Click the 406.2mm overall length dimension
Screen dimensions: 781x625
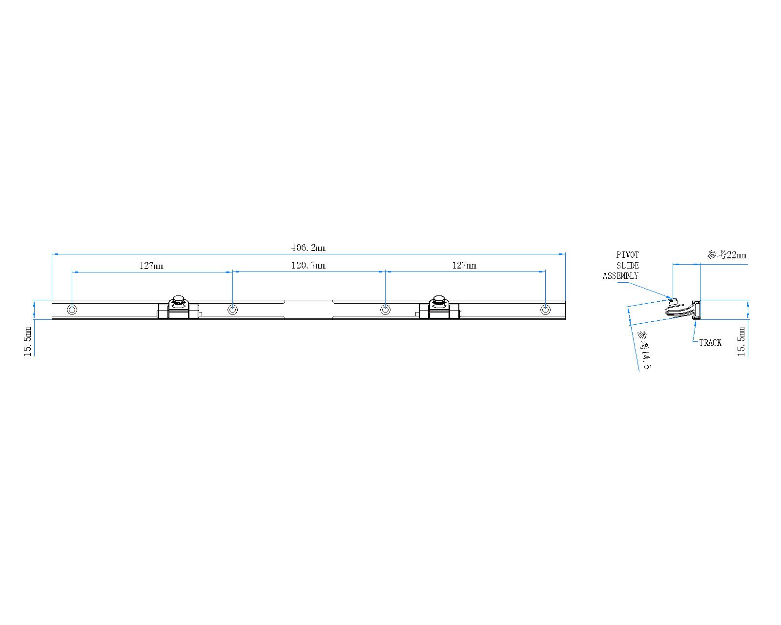pos(308,248)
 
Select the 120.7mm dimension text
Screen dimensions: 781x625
pos(308,266)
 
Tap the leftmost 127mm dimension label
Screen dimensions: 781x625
pos(151,266)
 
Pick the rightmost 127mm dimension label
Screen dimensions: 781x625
pos(464,266)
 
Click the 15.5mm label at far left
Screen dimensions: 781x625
pos(28,342)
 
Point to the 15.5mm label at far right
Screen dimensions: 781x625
pos(741,342)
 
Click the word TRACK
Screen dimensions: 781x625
pos(710,343)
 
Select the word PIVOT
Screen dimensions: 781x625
pos(628,255)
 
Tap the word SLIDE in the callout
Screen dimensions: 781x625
pos(628,266)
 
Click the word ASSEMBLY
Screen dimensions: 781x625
pos(620,276)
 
